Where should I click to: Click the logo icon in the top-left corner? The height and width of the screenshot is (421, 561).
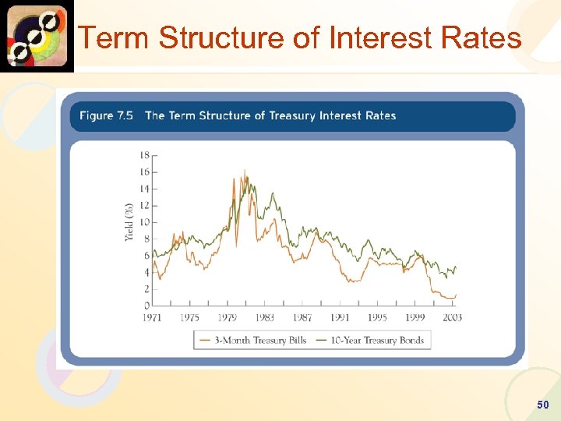point(37,36)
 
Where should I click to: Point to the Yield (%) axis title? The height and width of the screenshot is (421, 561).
point(129,221)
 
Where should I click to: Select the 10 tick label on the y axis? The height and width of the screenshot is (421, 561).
point(145,222)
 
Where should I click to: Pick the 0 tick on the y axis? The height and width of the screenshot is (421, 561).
point(147,305)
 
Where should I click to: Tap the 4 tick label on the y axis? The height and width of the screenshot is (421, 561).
point(147,272)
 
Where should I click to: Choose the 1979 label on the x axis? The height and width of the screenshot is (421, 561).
point(227,317)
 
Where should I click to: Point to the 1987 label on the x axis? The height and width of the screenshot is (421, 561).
point(302,317)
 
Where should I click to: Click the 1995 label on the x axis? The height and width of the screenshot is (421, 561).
point(377,317)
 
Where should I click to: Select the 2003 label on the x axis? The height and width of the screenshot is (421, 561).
point(452,317)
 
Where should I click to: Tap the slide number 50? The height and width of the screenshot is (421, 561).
point(542,405)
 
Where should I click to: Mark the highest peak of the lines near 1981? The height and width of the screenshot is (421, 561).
point(245,170)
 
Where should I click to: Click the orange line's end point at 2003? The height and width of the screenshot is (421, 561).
point(456,295)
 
